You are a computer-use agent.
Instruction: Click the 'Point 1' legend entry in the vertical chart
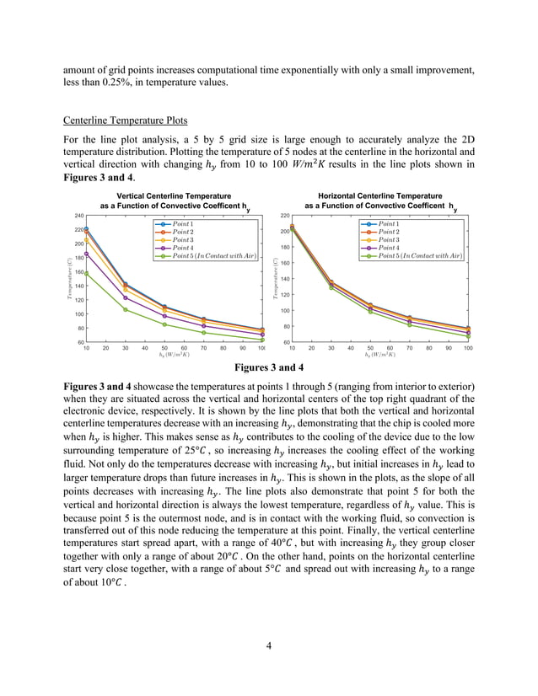pos(183,223)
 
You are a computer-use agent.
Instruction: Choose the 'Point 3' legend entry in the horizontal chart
pos(389,239)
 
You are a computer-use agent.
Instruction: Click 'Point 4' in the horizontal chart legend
pos(389,247)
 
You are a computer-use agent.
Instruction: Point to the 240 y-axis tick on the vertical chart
pos(78,216)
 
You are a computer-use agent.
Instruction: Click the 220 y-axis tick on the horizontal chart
pos(284,216)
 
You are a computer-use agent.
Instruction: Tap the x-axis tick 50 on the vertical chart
pos(164,347)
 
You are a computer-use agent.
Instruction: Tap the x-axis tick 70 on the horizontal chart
pos(409,347)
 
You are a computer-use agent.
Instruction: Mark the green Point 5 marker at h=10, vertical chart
pos(86,273)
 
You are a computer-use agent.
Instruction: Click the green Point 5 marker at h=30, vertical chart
pos(125,309)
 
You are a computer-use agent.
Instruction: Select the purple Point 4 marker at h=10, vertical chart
pos(86,254)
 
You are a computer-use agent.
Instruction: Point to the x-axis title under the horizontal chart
pos(380,355)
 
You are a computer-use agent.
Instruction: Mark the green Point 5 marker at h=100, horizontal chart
pos(468,336)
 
